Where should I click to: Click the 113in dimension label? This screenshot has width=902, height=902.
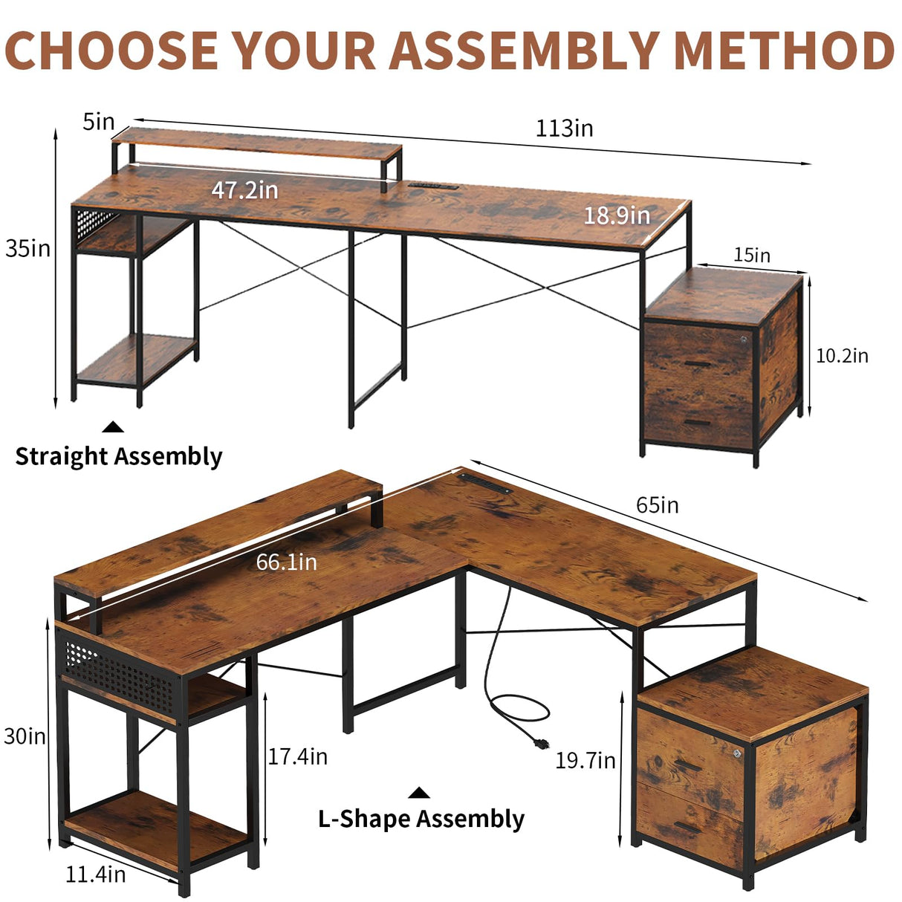565,129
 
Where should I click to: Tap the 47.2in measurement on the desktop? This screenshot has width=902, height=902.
244,190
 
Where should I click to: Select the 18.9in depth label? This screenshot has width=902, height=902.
616,215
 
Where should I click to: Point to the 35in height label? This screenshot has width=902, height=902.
27,248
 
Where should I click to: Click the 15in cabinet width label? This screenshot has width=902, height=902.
752,256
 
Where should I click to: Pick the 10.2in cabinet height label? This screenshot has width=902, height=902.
842,356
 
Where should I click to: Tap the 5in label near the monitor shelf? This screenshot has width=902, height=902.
99,121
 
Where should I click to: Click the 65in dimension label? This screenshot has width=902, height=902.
657,505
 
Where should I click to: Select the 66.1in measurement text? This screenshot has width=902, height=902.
286,562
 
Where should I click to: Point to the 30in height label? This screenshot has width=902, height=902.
25,736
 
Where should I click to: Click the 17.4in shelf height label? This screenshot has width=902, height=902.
297,756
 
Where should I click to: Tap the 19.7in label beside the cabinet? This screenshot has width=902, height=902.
585,760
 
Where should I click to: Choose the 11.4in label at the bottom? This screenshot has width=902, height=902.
95,875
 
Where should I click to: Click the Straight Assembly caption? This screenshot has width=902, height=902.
119,456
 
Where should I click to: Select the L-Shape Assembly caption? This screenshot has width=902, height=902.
421,819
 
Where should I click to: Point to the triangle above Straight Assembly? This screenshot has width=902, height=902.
113,426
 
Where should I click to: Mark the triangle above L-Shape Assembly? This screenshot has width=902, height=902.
419,793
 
